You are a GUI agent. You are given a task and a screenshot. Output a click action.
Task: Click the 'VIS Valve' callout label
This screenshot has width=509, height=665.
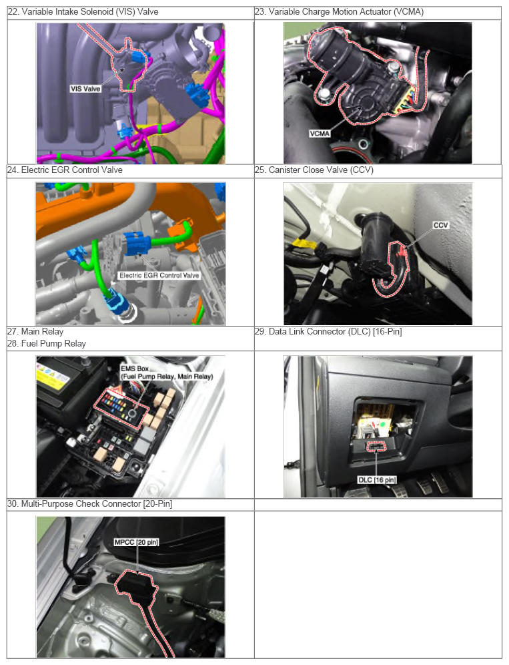point(85,89)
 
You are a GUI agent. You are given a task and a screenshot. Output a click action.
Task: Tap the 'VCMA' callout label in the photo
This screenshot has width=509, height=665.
point(320,134)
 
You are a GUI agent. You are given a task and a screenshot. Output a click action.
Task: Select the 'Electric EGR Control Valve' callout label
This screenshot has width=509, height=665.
point(159,275)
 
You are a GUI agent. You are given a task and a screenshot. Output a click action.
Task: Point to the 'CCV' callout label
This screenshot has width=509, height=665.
point(441,225)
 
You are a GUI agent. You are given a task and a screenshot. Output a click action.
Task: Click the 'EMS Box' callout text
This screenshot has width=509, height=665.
point(134,369)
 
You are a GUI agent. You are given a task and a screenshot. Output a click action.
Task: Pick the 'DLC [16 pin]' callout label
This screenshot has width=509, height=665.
point(377,479)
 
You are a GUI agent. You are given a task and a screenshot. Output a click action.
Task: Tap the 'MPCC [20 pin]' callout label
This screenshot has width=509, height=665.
point(137,542)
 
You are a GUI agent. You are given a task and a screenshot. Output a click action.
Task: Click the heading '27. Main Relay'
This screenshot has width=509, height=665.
point(35,332)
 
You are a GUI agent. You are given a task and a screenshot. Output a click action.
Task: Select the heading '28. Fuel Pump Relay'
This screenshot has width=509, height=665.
point(47,344)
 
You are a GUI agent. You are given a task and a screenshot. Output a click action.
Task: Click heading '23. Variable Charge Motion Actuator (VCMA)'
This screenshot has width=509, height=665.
point(339,12)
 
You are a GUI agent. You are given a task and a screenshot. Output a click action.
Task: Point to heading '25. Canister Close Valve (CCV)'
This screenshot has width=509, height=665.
point(314,170)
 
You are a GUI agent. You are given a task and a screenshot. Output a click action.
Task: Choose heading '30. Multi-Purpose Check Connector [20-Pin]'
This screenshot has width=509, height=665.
point(90,504)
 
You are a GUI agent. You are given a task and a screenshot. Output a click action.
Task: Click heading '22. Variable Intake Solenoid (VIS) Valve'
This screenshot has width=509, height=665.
point(83,12)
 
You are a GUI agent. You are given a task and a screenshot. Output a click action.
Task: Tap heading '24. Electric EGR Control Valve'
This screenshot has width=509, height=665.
point(65,170)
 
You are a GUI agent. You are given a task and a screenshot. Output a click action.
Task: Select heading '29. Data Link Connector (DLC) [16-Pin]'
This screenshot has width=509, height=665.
point(328,332)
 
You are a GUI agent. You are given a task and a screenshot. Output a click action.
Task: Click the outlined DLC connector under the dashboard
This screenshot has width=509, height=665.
point(376,447)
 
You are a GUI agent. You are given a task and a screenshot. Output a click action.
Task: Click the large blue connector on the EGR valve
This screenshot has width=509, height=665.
point(137,244)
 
